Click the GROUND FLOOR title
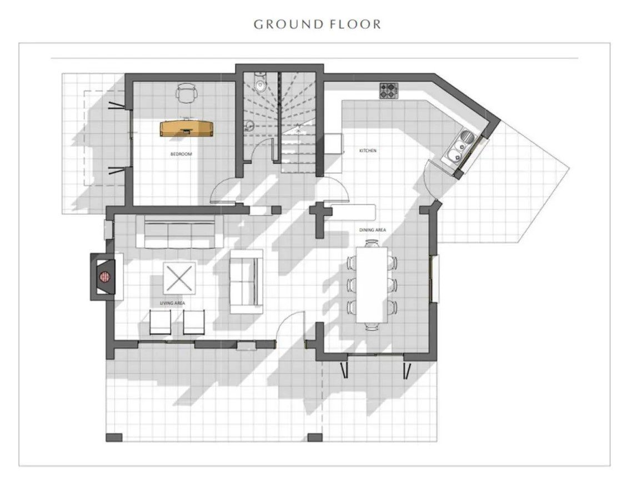[317, 24]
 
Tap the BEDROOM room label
[181, 154]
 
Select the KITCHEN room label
[368, 151]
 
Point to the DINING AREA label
[373, 230]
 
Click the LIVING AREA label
[173, 303]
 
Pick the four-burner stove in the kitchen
[389, 91]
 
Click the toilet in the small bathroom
[261, 82]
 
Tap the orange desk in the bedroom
[186, 128]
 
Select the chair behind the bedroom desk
[186, 92]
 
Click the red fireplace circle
[105, 277]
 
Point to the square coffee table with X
[179, 278]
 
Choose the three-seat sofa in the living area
[179, 232]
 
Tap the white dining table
[372, 284]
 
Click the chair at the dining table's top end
[372, 243]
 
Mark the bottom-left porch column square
[114, 438]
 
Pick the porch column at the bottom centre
[315, 438]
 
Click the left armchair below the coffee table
[160, 322]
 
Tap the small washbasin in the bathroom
[249, 125]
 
